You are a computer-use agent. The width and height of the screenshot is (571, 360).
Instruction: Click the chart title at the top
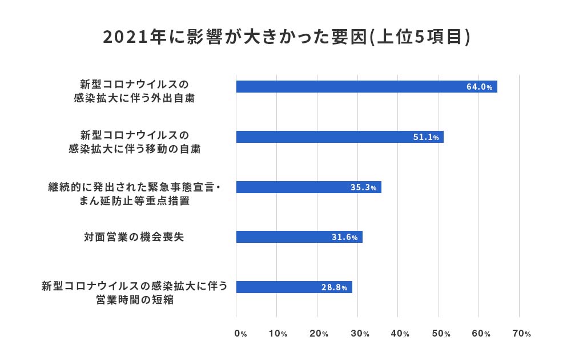click(286, 37)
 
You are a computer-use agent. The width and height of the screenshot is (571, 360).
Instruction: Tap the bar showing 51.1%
click(340, 137)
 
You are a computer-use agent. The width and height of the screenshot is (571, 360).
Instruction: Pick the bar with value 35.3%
click(308, 187)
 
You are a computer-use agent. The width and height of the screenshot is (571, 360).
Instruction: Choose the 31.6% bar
click(299, 237)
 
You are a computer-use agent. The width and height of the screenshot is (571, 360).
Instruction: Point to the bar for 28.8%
click(294, 287)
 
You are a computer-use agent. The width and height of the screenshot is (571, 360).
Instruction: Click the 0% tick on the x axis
click(240, 334)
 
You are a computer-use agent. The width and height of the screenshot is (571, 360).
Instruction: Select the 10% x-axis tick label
click(278, 334)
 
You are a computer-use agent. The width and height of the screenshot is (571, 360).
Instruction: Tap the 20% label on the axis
click(318, 334)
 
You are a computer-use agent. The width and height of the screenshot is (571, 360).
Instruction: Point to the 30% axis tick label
click(359, 334)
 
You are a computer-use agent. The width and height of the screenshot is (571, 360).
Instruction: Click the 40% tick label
click(400, 334)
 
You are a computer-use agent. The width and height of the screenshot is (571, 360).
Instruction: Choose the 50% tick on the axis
click(440, 334)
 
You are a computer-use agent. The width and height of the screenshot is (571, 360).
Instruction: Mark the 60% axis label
click(481, 334)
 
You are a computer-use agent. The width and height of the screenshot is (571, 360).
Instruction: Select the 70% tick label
click(521, 334)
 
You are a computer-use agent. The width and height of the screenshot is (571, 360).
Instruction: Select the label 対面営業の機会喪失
click(134, 237)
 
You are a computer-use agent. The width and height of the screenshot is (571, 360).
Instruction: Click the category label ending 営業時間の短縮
click(134, 292)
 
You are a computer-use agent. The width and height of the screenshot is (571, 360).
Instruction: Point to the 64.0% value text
click(479, 87)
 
